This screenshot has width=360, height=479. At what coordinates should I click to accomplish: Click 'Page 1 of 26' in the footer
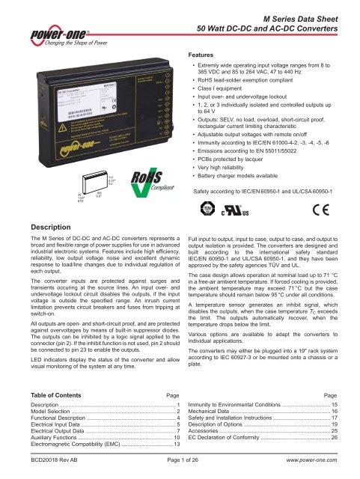tap(177, 469)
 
